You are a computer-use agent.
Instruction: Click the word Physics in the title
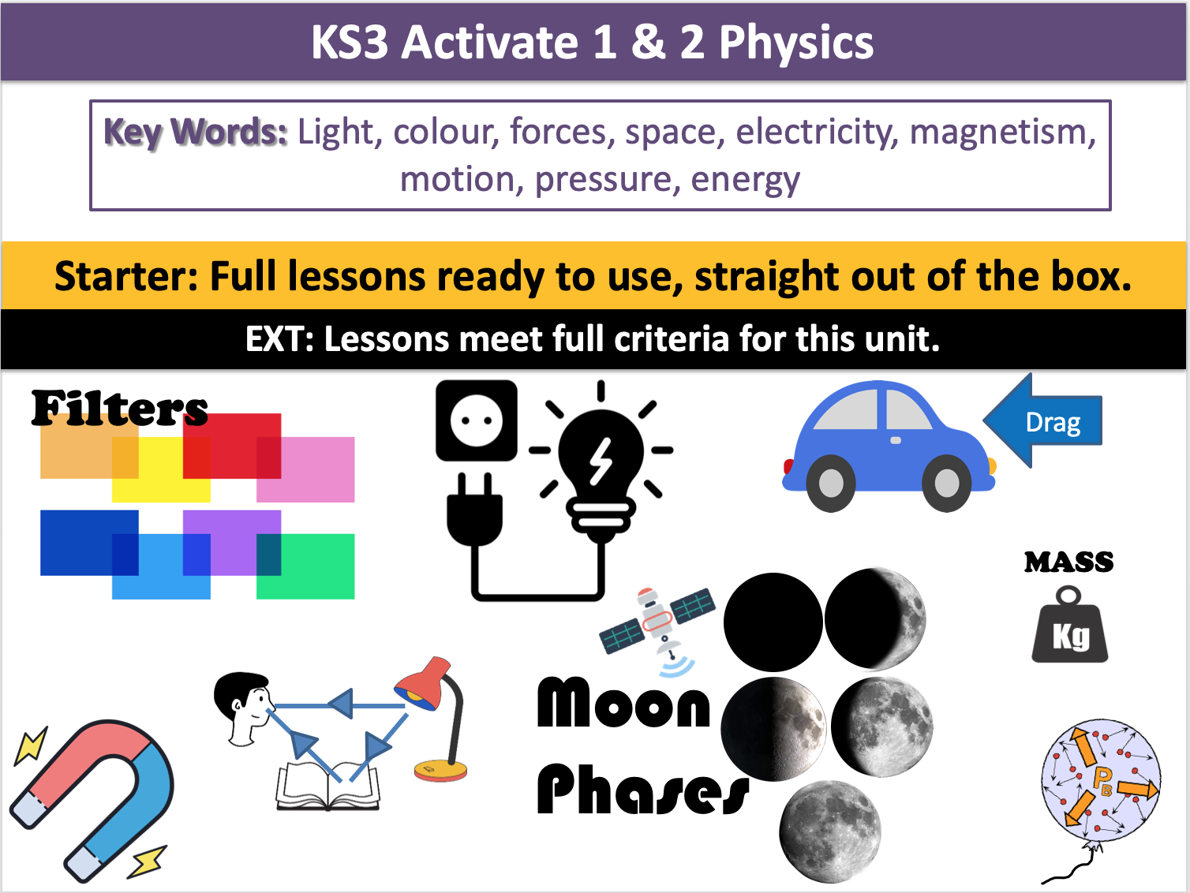click(795, 43)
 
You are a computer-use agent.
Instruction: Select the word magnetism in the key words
click(1002, 132)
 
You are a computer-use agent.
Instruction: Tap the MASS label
click(1068, 562)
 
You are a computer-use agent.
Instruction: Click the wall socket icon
click(477, 420)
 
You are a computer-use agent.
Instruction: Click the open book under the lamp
click(327, 787)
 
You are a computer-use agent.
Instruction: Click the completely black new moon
click(773, 622)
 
